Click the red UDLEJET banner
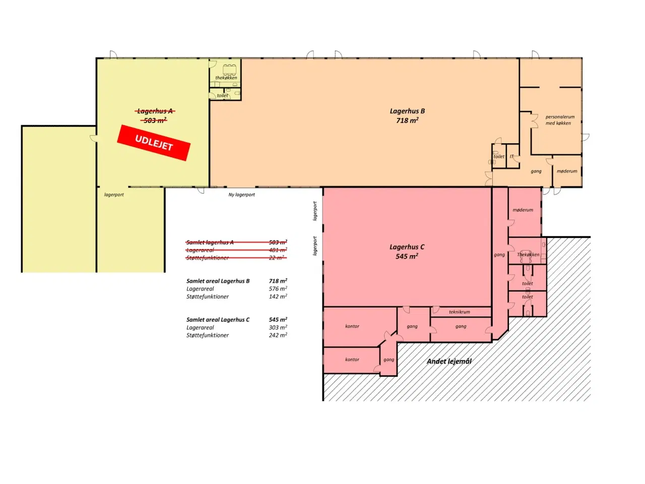coord(153,143)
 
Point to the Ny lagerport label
coord(241,195)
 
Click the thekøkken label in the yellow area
coord(226,78)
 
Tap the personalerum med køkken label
coord(559,120)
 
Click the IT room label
coord(511,156)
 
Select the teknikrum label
coord(459,312)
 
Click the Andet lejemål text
coord(449,361)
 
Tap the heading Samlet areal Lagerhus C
coord(218,320)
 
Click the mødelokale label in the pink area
coord(523,210)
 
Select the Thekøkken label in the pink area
coord(528,255)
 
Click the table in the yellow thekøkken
coord(229,70)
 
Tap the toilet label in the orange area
coord(499,156)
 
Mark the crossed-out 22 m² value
coord(277,258)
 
